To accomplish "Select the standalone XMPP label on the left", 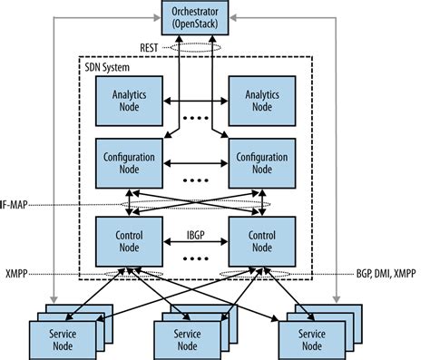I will [16, 271].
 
